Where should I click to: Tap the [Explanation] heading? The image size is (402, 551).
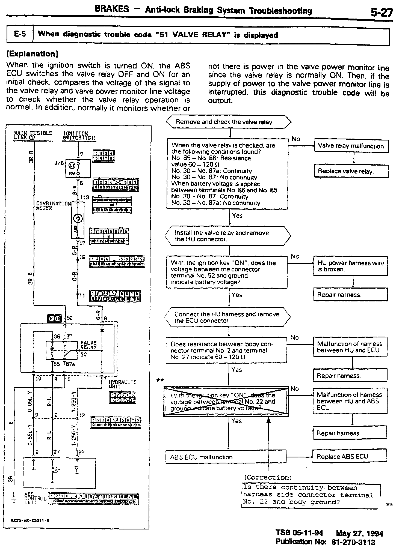pos(32,54)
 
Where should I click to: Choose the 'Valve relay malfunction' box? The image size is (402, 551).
pos(351,146)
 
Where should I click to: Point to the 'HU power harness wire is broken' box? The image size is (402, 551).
pos(351,266)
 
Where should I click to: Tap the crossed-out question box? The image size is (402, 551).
pos(226,401)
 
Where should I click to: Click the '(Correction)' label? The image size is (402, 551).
pos(268,477)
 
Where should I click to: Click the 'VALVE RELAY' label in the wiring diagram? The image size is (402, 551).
pos(88,345)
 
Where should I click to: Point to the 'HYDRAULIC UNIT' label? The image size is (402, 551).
pos(123,384)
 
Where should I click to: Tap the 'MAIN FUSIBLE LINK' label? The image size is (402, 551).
pos(33,135)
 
